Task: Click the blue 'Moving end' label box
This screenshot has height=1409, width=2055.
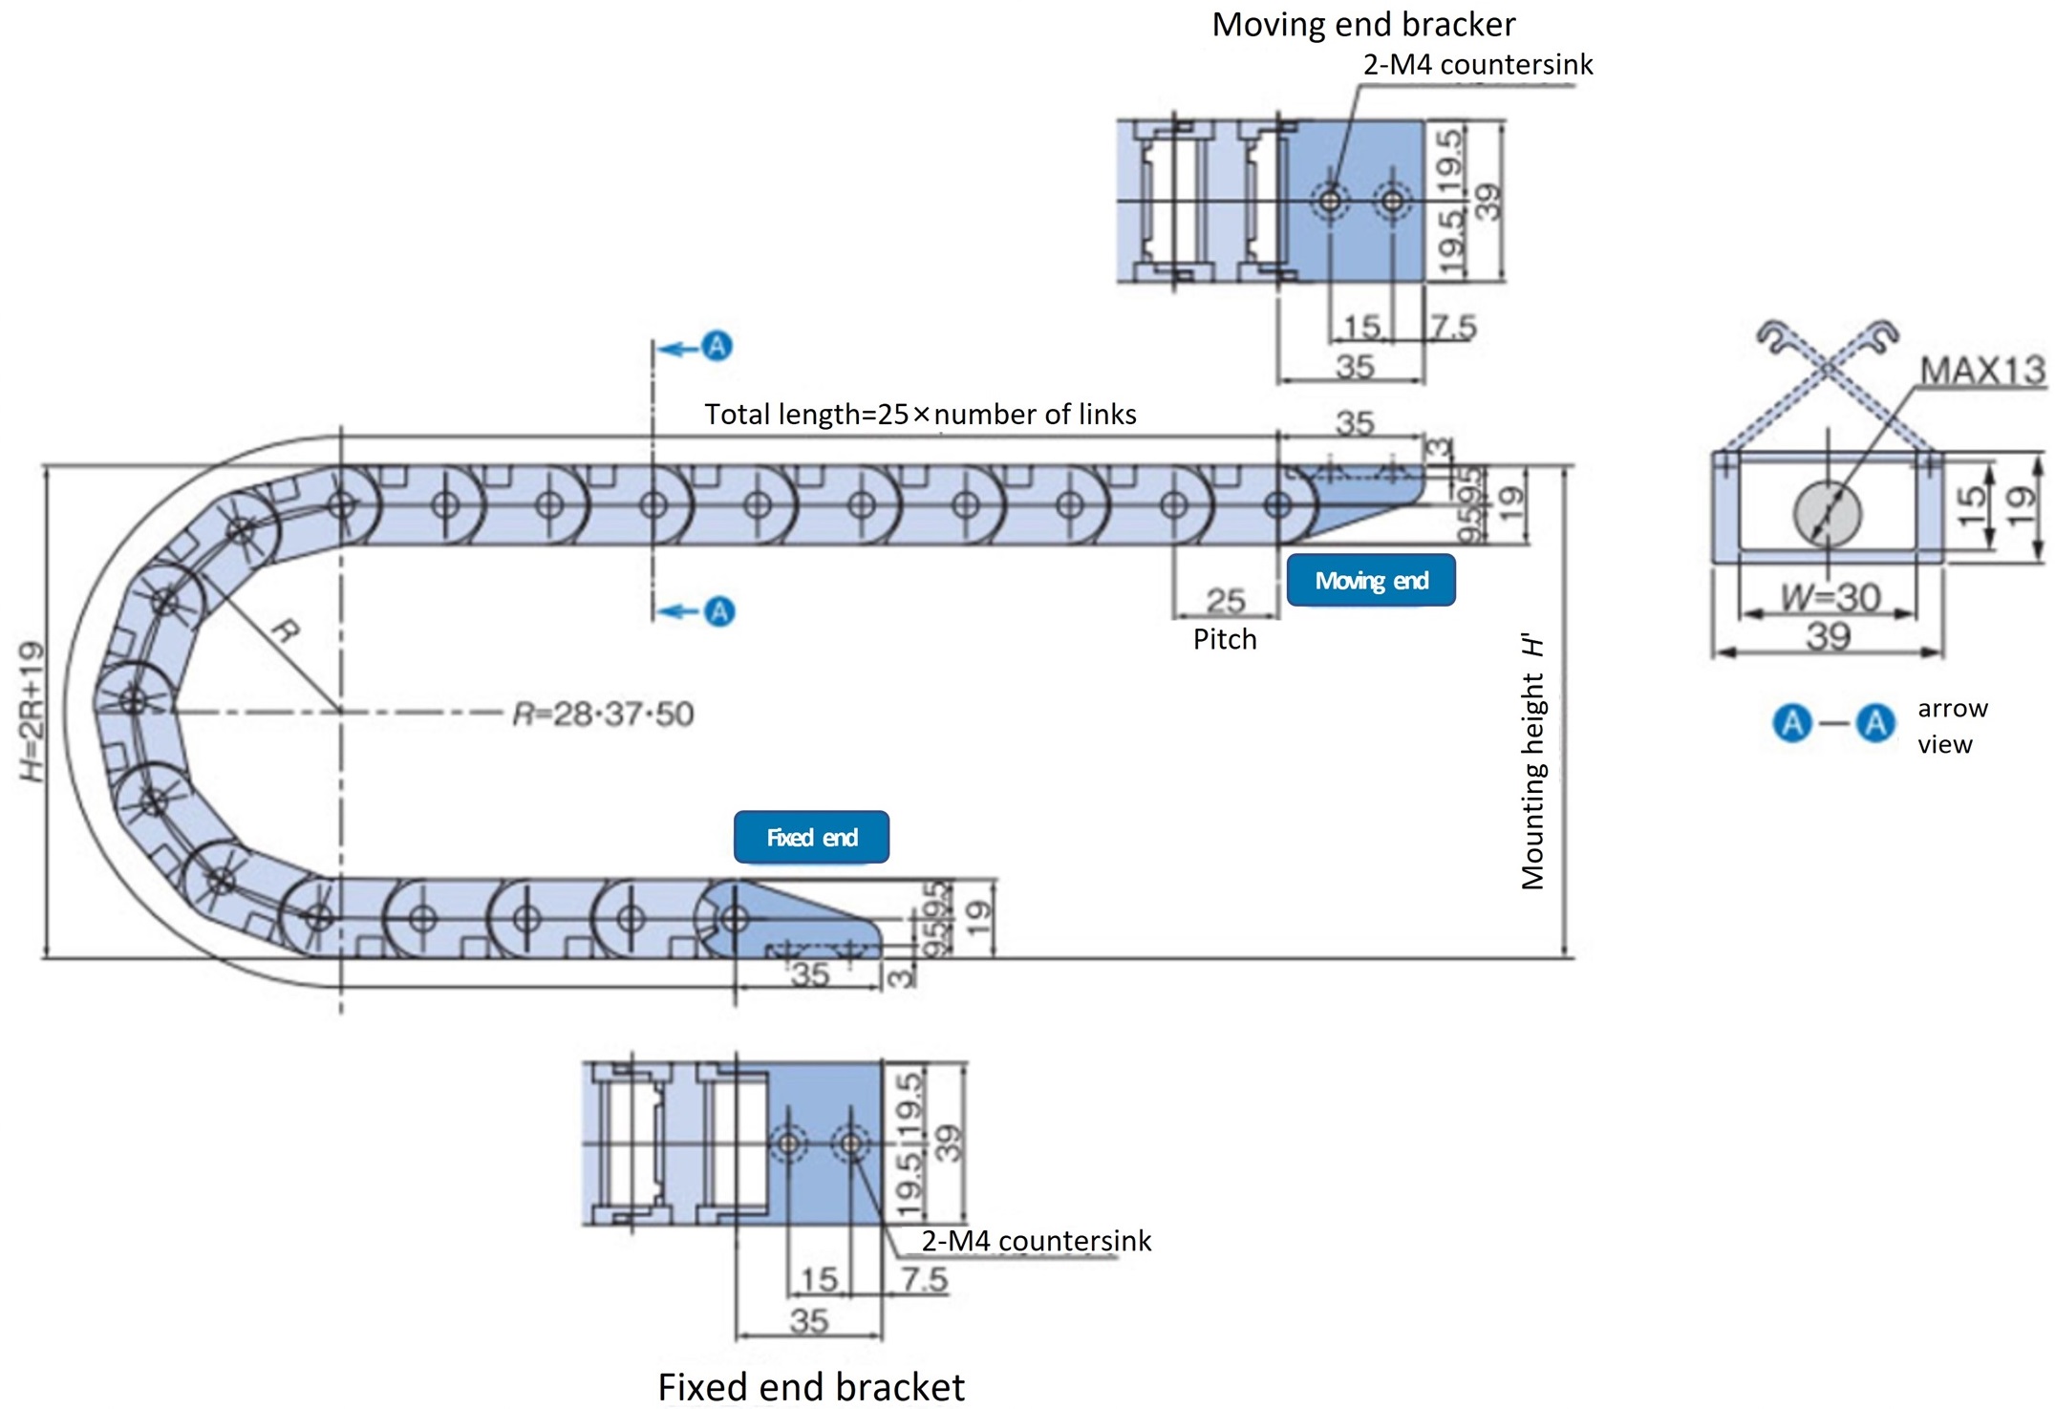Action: (1370, 580)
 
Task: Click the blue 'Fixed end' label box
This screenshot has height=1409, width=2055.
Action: (811, 837)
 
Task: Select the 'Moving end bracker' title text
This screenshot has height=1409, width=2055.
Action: (1363, 24)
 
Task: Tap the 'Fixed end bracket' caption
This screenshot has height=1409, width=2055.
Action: (811, 1387)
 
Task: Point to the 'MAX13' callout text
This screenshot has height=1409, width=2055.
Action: (1982, 371)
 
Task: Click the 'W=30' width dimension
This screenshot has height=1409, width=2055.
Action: (1830, 597)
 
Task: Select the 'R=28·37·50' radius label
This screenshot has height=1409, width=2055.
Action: (603, 714)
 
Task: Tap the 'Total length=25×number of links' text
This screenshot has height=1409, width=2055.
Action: (920, 415)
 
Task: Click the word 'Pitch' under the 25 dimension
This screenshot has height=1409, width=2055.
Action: (1225, 639)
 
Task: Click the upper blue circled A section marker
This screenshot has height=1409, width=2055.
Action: (717, 346)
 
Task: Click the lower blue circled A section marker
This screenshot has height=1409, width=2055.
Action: (719, 610)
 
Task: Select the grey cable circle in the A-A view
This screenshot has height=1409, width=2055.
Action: (1828, 514)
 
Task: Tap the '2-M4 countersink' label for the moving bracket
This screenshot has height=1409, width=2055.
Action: (1478, 65)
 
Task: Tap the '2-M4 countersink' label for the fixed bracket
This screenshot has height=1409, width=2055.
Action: (1037, 1240)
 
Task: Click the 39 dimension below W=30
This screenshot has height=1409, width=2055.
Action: (1829, 635)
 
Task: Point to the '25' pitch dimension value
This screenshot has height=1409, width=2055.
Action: (1225, 600)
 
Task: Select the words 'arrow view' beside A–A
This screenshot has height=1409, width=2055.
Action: (1951, 726)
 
